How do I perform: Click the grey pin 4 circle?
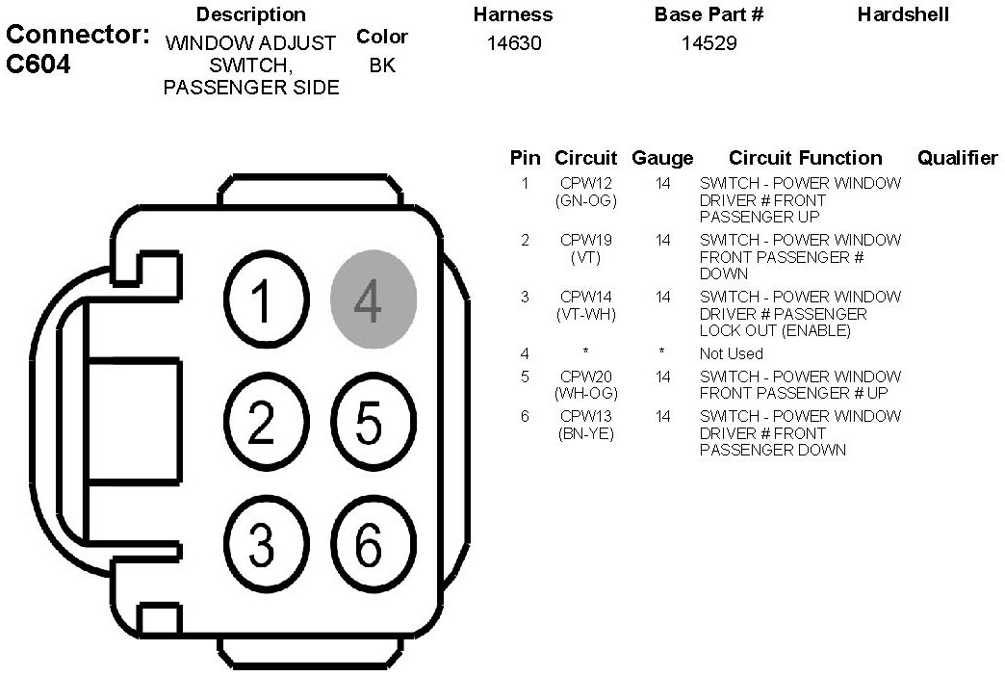pyautogui.click(x=374, y=300)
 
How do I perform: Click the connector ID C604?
pyautogui.click(x=38, y=66)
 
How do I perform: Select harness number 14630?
pyautogui.click(x=514, y=43)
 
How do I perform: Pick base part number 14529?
pyautogui.click(x=709, y=43)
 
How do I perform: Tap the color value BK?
pyautogui.click(x=382, y=66)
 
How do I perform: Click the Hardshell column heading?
pyautogui.click(x=902, y=14)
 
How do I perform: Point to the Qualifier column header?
pyautogui.click(x=957, y=159)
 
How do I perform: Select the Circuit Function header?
pyautogui.click(x=805, y=159)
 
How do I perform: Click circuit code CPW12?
pyautogui.click(x=585, y=183)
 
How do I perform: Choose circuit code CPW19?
pyautogui.click(x=585, y=240)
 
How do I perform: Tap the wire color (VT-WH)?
pyautogui.click(x=585, y=314)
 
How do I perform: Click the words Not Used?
pyautogui.click(x=731, y=353)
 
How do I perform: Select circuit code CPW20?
pyautogui.click(x=585, y=377)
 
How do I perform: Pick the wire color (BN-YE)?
pyautogui.click(x=585, y=433)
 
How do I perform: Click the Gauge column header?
pyautogui.click(x=662, y=159)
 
